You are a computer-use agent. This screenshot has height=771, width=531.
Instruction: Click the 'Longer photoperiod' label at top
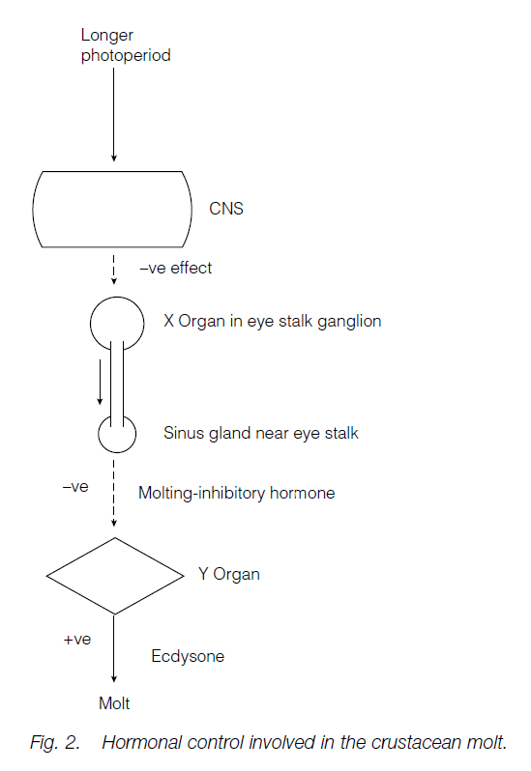126,45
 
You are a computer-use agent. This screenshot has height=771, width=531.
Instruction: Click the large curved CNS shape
113,209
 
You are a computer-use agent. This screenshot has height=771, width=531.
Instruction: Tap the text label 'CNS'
226,208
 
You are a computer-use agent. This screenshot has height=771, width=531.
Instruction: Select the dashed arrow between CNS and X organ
114,269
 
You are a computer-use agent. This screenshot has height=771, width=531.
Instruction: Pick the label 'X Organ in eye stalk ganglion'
273,321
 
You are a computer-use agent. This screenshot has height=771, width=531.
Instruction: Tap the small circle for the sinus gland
115,435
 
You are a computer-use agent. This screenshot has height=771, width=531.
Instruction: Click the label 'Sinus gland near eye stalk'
260,433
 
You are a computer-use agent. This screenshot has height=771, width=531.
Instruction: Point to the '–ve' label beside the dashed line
75,486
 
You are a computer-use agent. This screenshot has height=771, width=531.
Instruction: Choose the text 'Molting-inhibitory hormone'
236,493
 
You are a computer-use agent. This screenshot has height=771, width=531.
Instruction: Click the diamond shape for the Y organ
115,575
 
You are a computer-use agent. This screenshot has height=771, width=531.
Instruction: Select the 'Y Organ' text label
228,574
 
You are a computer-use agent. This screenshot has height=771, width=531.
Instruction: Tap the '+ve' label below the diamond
76,641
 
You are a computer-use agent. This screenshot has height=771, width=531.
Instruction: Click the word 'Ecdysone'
188,656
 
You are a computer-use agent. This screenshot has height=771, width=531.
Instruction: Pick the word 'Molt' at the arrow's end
114,703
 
